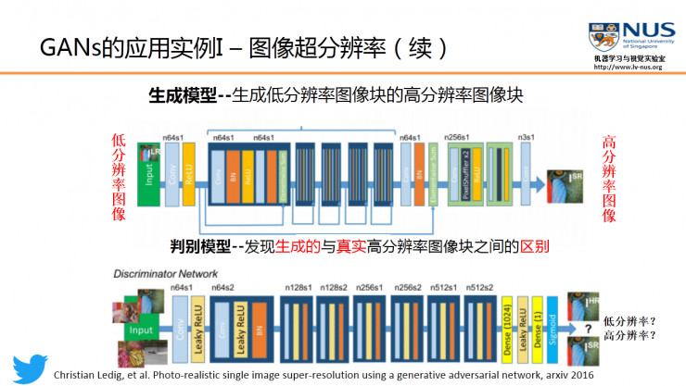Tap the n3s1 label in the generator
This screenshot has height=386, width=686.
point(527,137)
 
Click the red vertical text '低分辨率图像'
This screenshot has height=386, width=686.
point(118,176)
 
